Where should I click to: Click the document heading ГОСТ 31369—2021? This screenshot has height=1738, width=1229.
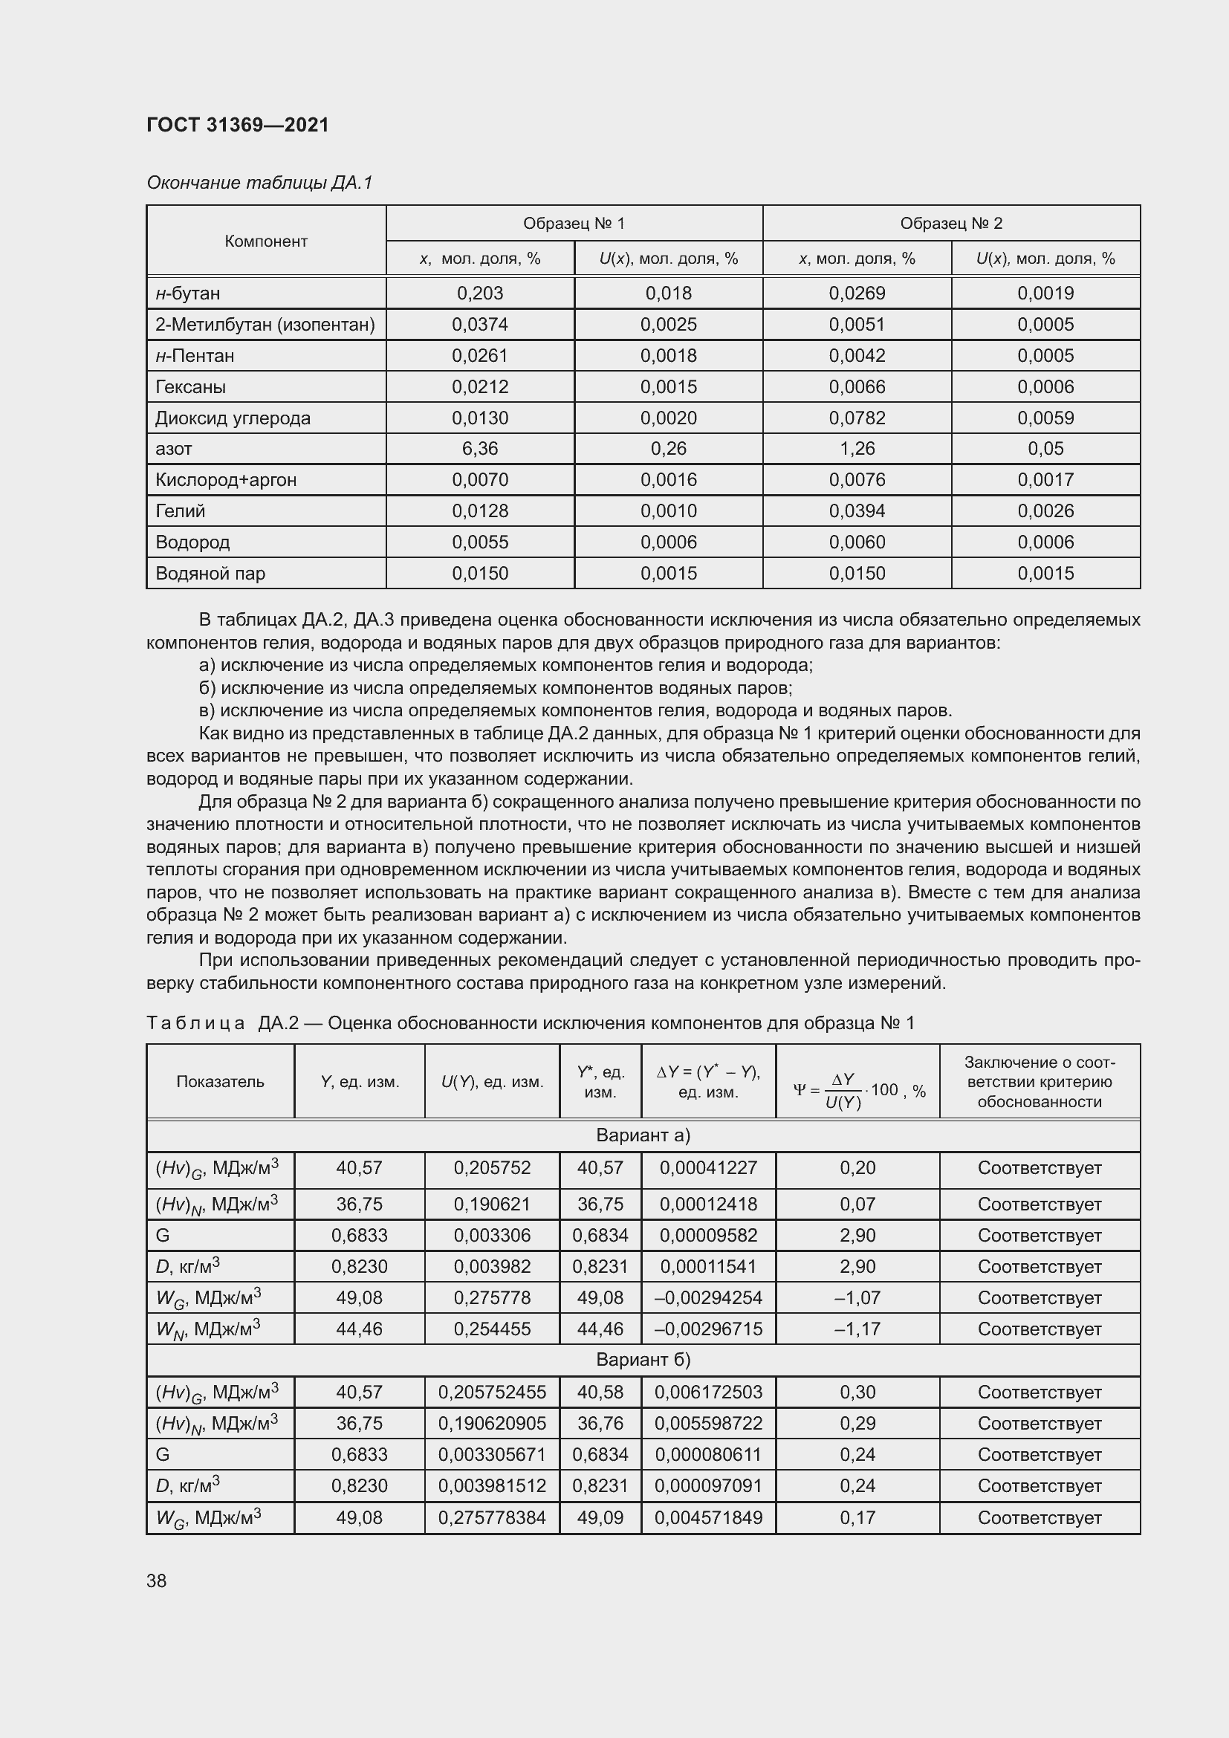pyautogui.click(x=238, y=125)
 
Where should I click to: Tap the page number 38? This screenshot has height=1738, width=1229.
pyautogui.click(x=157, y=1580)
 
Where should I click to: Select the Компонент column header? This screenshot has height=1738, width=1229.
pyautogui.click(x=265, y=241)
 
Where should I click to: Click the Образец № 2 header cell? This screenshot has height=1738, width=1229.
pyautogui.click(x=950, y=224)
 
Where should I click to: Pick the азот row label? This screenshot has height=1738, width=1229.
pyautogui.click(x=173, y=449)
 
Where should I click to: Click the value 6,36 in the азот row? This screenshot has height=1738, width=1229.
pyautogui.click(x=480, y=449)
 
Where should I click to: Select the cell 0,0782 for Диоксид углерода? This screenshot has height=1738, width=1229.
pyautogui.click(x=857, y=418)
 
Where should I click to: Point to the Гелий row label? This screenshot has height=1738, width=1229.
pyautogui.click(x=180, y=511)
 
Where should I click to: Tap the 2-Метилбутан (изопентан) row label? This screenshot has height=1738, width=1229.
pyautogui.click(x=265, y=325)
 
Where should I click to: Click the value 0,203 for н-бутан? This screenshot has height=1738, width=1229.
pyautogui.click(x=480, y=293)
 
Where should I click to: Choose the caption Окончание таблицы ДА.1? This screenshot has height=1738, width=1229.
pyautogui.click(x=259, y=183)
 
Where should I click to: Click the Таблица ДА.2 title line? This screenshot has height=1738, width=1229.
pyautogui.click(x=530, y=1023)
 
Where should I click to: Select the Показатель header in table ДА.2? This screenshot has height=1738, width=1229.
pyautogui.click(x=220, y=1082)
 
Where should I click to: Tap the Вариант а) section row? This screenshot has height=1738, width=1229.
pyautogui.click(x=643, y=1135)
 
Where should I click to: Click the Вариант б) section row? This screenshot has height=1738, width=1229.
pyautogui.click(x=643, y=1360)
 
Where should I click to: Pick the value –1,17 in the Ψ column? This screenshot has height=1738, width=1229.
pyautogui.click(x=857, y=1329)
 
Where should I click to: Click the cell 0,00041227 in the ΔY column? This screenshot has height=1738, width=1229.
pyautogui.click(x=708, y=1168)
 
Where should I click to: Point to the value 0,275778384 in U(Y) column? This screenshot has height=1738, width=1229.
pyautogui.click(x=492, y=1518)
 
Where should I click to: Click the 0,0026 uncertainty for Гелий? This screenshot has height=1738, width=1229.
pyautogui.click(x=1045, y=511)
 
